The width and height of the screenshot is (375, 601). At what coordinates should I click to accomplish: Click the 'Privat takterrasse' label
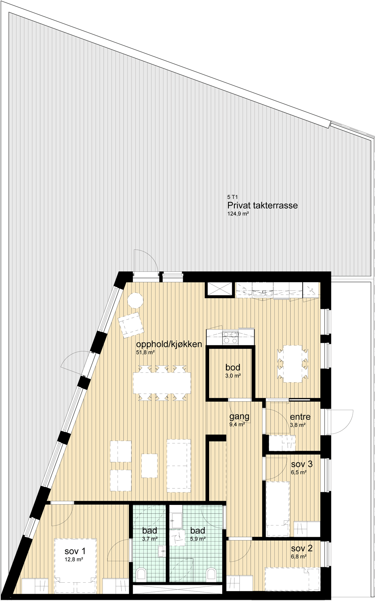[x=263, y=206]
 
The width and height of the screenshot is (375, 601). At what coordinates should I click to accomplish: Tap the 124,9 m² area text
[x=237, y=214]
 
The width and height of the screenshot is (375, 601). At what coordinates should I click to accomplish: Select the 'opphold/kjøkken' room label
[x=169, y=344]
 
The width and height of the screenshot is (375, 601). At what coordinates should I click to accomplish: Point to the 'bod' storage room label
[x=233, y=367]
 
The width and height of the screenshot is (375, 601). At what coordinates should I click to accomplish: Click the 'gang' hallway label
[x=240, y=416]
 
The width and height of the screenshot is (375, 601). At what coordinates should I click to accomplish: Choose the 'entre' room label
[x=300, y=417]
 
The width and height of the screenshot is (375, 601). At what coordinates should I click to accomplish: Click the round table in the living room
[x=135, y=301]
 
